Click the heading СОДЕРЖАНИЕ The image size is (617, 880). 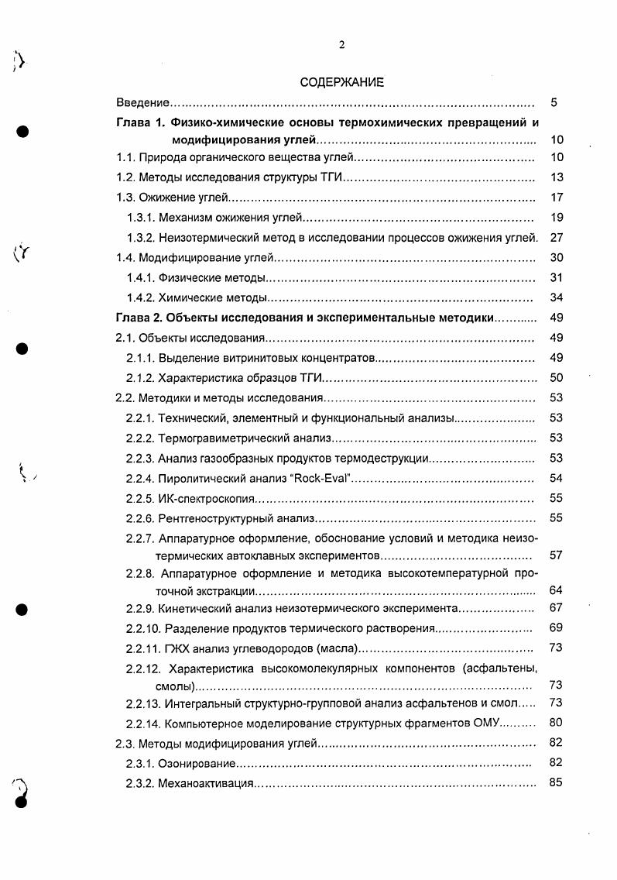tap(341, 82)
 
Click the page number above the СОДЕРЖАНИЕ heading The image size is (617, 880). tap(341, 45)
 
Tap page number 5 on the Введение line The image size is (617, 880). tap(554, 102)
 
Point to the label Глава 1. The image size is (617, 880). tap(140, 122)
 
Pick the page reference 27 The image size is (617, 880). tap(554, 237)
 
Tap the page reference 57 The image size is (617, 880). tap(554, 555)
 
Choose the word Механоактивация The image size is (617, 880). tap(206, 783)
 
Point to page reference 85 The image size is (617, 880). tap(554, 782)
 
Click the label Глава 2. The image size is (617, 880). tap(140, 317)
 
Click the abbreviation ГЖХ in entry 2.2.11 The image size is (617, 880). tap(176, 648)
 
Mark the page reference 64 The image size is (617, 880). tap(554, 590)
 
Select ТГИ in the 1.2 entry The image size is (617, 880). tap(330, 177)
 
